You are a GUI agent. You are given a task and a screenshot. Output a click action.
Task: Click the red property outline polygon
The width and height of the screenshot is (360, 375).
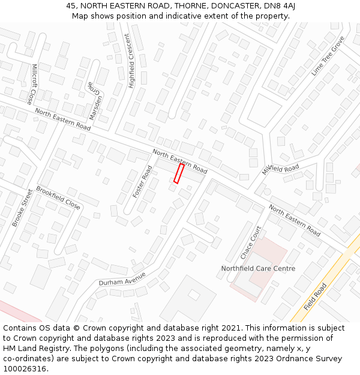179,173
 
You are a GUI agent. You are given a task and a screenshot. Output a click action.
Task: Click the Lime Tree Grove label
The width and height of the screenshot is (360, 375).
328,56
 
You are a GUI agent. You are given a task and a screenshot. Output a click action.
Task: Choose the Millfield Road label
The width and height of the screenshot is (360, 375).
280,169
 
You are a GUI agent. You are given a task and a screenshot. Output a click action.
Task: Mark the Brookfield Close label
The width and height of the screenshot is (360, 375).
58,197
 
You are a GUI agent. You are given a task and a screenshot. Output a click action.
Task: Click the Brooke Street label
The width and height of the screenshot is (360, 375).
22,208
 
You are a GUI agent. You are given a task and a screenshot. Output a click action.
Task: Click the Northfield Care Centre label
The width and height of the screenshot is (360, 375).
258,268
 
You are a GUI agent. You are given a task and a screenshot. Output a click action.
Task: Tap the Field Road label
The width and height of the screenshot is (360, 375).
315,296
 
